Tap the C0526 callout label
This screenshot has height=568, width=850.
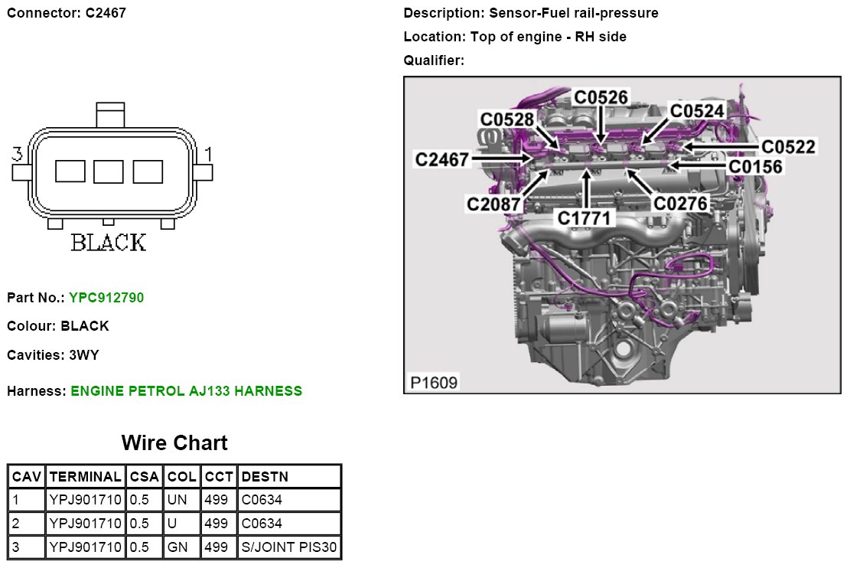pos(601,97)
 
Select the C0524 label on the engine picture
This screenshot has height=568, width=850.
pos(696,111)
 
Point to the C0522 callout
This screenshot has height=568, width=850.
pos(788,146)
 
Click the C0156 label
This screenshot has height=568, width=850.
pos(755,165)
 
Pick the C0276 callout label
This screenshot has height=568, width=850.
pos(680,204)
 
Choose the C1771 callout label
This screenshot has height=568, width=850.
pos(585,218)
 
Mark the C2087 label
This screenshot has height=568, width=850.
pos(494,204)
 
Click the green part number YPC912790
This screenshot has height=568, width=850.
pos(106,297)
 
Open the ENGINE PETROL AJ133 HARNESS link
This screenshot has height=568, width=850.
pos(186,391)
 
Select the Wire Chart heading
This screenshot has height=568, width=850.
pos(174,443)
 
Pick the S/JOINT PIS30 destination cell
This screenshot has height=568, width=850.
pos(289,547)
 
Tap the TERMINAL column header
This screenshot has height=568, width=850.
pos(85,476)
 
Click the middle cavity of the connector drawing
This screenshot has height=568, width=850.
pos(109,171)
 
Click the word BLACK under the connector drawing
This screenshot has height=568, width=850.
pos(109,243)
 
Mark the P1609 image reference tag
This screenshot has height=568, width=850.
pos(434,382)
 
